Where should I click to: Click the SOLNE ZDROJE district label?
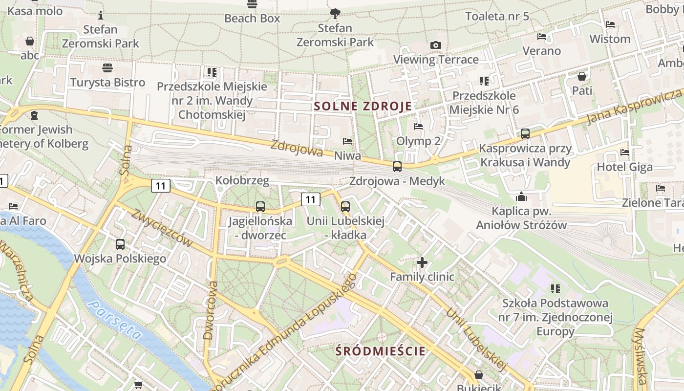pos(363,106)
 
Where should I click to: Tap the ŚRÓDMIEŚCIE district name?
pos(381,351)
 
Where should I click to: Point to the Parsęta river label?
pos(116,320)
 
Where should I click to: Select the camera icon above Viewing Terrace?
pos(436,45)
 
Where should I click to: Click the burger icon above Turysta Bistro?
pos(107,67)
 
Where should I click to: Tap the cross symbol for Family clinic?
pos(422,262)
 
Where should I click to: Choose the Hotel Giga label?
pos(624,167)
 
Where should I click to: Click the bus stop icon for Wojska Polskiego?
pos(120,244)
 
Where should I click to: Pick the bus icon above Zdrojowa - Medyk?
pos(397,167)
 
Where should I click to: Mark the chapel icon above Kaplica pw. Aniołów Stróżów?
pos(521,196)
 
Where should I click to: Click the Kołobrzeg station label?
pos(242,181)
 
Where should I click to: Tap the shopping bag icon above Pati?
pos(582,76)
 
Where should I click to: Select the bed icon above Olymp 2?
pos(418,127)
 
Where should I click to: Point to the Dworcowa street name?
pos(211,310)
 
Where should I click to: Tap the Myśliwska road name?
pos(640,354)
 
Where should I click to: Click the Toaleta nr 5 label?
pos(497,16)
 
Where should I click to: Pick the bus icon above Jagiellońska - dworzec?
pos(260,206)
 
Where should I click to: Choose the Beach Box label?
pos(252,19)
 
